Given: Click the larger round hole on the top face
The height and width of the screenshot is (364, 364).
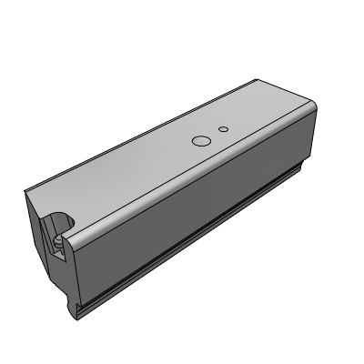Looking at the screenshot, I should [200, 141].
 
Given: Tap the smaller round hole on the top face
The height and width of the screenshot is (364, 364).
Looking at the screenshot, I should [222, 129].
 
